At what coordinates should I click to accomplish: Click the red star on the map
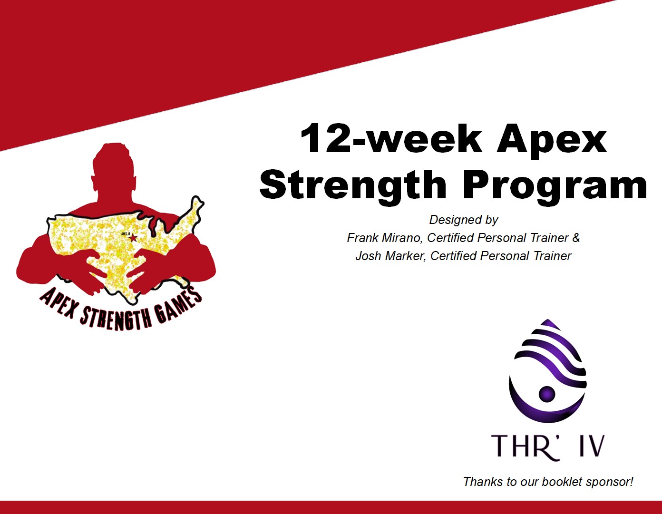coord(133,238)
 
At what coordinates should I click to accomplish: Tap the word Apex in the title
coord(552,142)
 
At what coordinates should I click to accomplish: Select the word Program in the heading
coord(555,186)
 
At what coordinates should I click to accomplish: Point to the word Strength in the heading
coord(353,186)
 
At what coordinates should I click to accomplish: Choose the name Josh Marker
coord(390,256)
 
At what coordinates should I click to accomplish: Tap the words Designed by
coord(464,220)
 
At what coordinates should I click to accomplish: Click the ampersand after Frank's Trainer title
coord(576,238)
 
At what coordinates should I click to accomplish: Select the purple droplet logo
coord(548,371)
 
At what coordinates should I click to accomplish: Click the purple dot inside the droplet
coord(547,394)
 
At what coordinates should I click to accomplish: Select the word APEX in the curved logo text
coord(57,304)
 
